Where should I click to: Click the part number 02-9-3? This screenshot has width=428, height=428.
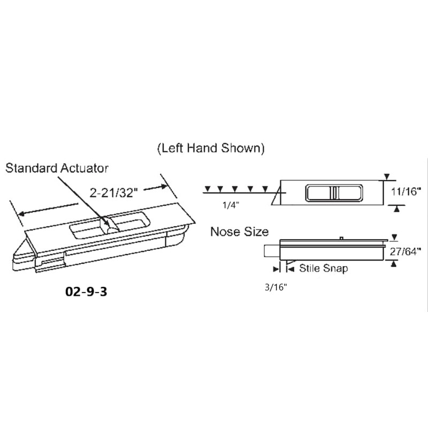pyautogui.click(x=86, y=293)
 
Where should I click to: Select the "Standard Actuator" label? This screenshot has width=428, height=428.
pyautogui.click(x=57, y=168)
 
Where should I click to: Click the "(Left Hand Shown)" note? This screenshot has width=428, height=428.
pyautogui.click(x=211, y=149)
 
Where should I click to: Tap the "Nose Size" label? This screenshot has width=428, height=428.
pyautogui.click(x=239, y=232)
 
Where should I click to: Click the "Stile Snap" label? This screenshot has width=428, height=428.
pyautogui.click(x=323, y=268)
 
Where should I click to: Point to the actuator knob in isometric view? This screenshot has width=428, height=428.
pyautogui.click(x=110, y=227)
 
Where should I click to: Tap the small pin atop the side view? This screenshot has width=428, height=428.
pyautogui.click(x=340, y=238)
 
